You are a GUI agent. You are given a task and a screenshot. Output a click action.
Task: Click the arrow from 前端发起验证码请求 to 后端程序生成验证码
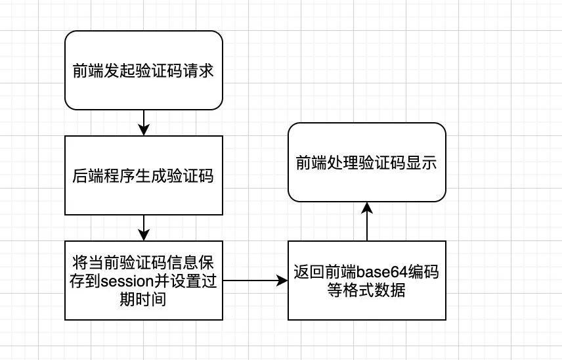144,122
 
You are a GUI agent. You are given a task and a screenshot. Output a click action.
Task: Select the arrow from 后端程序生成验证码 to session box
144,227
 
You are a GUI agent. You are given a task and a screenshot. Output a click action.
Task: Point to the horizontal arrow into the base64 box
256,281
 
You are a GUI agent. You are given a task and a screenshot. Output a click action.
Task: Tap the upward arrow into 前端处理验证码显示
367,221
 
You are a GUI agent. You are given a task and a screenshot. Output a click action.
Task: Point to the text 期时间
144,300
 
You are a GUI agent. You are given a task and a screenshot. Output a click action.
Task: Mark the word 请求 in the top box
200,70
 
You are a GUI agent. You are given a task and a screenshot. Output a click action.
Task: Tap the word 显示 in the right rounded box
422,163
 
